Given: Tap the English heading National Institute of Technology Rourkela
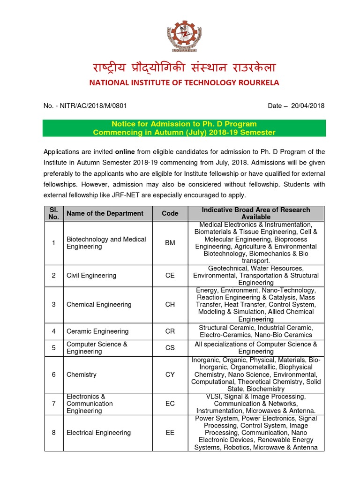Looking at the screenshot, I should click(x=184, y=83).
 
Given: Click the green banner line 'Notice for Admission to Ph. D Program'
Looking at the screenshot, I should click(x=184, y=124).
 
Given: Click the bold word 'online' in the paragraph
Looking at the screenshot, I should click(x=125, y=152).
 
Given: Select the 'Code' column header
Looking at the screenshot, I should click(x=170, y=213).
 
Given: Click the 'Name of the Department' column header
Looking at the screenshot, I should click(x=105, y=213).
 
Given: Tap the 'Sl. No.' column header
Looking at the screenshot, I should click(x=53, y=213).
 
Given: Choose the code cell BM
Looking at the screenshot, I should click(x=170, y=243).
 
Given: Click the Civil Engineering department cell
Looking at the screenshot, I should click(x=91, y=276).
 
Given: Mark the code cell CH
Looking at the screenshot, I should click(x=170, y=305).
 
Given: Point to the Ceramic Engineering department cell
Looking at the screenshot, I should click(x=97, y=331).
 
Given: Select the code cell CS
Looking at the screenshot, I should click(x=170, y=348).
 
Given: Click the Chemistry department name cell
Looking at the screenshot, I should click(x=82, y=375).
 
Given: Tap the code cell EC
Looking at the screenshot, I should click(x=170, y=404).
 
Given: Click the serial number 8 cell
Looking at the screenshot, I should click(x=53, y=433).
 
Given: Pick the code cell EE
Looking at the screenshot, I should click(x=170, y=433).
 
